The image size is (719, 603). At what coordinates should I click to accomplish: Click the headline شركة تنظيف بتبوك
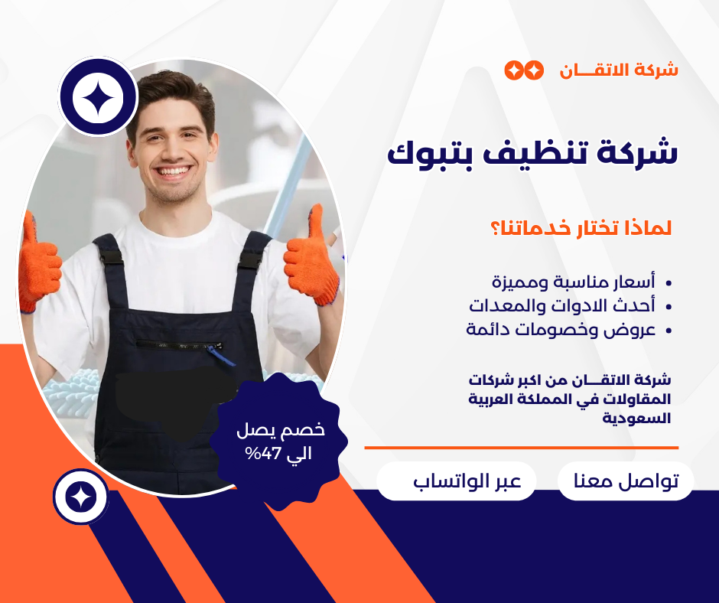point(532,154)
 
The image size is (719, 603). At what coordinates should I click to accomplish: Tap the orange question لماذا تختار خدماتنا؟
point(581,228)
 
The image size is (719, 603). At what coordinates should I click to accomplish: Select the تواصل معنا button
point(626,481)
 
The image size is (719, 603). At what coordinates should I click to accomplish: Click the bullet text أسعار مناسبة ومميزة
point(574,282)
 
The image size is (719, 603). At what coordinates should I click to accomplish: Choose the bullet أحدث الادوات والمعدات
point(561,305)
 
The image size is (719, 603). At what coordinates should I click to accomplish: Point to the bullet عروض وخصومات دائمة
point(561,330)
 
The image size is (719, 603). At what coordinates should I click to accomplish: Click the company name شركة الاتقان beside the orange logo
point(619,70)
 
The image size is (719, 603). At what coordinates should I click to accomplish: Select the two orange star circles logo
point(524,70)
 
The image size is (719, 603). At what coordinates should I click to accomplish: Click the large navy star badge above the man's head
point(99,97)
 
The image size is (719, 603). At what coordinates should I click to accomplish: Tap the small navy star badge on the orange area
point(81,497)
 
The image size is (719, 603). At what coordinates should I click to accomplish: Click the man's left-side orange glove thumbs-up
point(39,262)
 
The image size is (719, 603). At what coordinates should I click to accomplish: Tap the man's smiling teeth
point(174,171)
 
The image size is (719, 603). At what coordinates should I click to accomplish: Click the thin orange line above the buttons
point(522,448)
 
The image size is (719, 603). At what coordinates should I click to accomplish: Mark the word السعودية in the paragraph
point(636,418)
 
